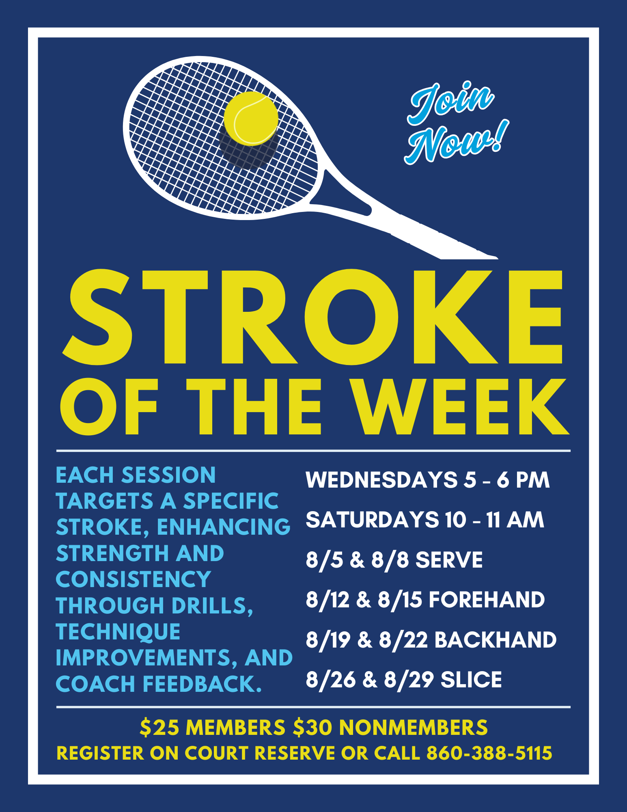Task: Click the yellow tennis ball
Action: pyautogui.click(x=251, y=118)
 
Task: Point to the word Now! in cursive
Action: pyautogui.click(x=457, y=142)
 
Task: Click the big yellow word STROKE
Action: pyautogui.click(x=312, y=317)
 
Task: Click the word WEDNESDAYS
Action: pyautogui.click(x=381, y=480)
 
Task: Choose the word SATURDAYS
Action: pyautogui.click(x=372, y=520)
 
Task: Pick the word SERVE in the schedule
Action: pyautogui.click(x=449, y=560)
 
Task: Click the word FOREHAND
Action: pyautogui.click(x=487, y=600)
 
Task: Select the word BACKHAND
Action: pyautogui.click(x=496, y=640)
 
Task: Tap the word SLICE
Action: pyautogui.click(x=471, y=680)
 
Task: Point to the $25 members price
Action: pyautogui.click(x=213, y=727)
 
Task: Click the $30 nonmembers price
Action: pyautogui.click(x=390, y=727)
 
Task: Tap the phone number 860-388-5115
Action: pyautogui.click(x=489, y=753)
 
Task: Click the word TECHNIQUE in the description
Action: pyautogui.click(x=118, y=632)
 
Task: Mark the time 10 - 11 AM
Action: pyautogui.click(x=494, y=520)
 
